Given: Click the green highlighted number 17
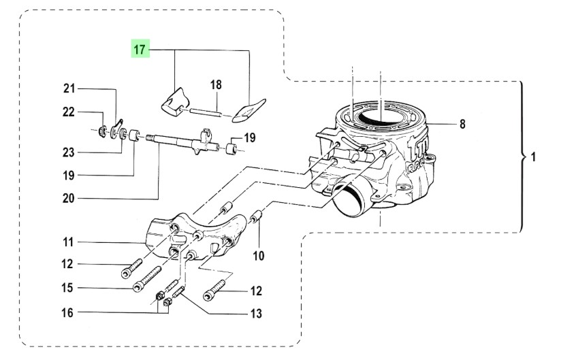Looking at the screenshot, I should (140, 50).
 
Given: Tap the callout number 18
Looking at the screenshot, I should (216, 85).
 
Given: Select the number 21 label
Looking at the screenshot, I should (70, 88).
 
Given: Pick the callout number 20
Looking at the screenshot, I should (70, 199).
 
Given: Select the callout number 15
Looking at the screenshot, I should (67, 288).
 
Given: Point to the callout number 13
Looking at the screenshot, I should (255, 314).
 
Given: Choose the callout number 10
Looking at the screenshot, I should (259, 256).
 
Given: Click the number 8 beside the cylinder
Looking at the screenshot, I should (462, 124).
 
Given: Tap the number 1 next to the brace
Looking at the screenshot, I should (533, 157).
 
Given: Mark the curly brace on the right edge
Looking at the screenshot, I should (522, 157).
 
